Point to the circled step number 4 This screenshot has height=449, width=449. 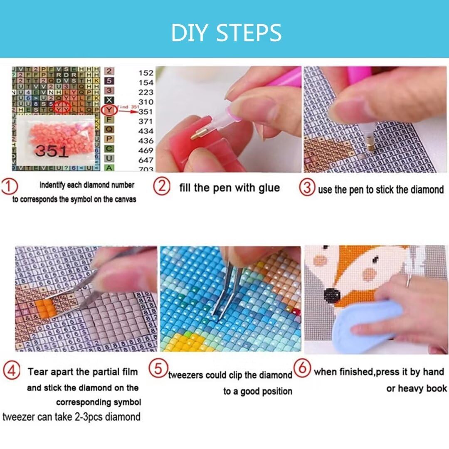[x=11, y=371]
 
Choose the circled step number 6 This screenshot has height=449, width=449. [x=302, y=367]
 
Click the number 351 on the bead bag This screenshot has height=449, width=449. [x=52, y=151]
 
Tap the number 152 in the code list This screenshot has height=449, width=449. [x=146, y=73]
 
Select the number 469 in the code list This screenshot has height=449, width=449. [x=146, y=150]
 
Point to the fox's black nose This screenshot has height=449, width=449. [x=333, y=296]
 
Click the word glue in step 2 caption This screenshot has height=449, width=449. [x=269, y=188]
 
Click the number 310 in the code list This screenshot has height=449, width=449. [x=146, y=102]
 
